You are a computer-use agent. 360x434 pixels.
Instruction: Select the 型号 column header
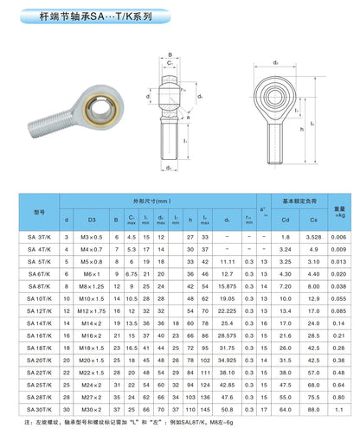(37, 211)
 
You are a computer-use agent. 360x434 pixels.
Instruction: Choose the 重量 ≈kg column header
(340, 210)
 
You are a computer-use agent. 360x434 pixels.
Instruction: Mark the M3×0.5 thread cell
(91, 236)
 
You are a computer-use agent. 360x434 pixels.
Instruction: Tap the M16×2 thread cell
(91, 334)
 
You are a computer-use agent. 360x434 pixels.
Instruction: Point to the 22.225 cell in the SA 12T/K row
(227, 310)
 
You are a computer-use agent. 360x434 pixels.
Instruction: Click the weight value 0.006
(340, 236)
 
